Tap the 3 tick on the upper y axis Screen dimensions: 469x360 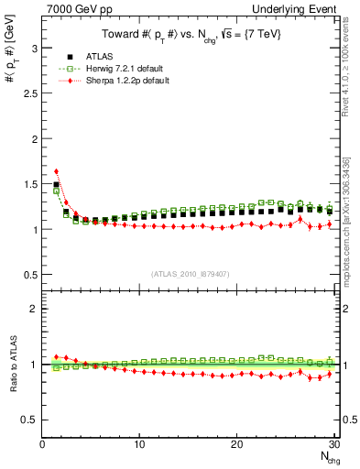[32, 48]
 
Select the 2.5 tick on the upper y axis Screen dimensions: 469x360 [27, 93]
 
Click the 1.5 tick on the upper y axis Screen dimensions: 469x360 [27, 184]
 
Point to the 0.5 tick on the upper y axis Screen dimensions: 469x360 [27, 275]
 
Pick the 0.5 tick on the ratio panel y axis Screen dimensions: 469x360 [27, 420]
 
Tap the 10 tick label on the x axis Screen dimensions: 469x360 [139, 444]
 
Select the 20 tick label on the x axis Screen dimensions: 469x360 [236, 444]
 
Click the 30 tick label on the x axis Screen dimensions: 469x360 [333, 444]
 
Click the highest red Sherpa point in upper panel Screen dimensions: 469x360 [56, 171]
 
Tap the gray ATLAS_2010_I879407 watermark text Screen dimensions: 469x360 [190, 274]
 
